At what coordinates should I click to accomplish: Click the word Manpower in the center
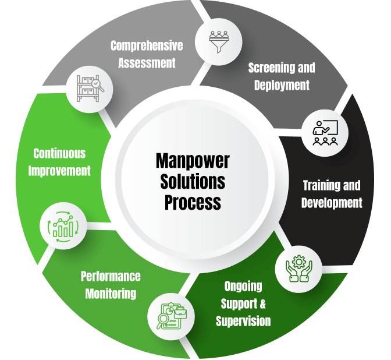(193, 161)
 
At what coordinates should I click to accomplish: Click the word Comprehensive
(147, 45)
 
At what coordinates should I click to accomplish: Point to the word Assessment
(147, 62)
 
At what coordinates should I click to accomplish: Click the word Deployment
(282, 85)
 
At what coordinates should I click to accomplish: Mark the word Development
(332, 203)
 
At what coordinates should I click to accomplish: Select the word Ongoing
(243, 287)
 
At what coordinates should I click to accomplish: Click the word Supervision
(243, 321)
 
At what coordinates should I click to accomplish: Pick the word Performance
(111, 276)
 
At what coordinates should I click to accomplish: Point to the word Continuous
(59, 154)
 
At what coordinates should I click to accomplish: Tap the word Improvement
(59, 171)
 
